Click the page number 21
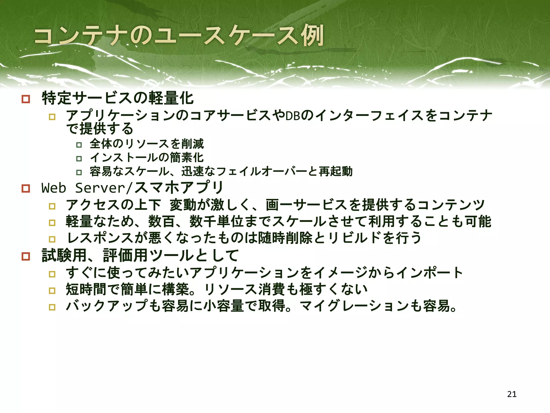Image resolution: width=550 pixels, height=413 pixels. [x=512, y=394]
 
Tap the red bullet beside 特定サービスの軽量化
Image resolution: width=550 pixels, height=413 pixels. [x=26, y=99]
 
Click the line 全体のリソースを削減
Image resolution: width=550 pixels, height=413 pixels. [x=147, y=144]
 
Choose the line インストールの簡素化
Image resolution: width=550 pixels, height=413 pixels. [x=147, y=158]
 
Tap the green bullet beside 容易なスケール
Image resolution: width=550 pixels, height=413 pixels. [x=79, y=172]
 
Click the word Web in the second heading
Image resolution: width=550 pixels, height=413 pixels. [x=54, y=188]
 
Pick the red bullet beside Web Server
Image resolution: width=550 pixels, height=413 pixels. [x=26, y=188]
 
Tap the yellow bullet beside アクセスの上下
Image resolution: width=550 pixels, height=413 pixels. [x=52, y=206]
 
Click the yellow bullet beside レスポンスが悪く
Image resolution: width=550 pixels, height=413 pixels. [x=52, y=239]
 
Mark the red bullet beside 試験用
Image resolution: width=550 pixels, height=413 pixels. [x=26, y=256]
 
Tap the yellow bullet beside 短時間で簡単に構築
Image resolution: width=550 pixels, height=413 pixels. [x=52, y=291]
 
